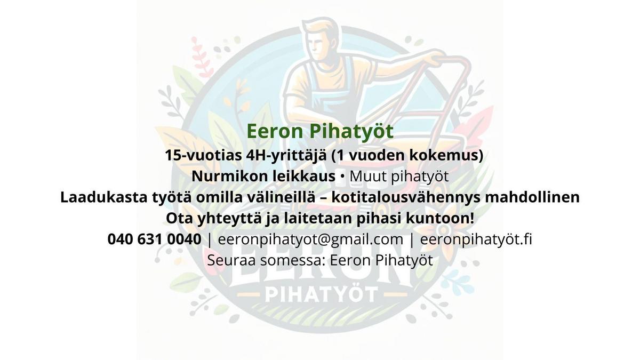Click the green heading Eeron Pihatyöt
320,132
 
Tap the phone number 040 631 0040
154,239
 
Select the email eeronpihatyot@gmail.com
310,239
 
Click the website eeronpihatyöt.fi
476,239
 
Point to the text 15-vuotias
203,156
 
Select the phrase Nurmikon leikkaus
263,177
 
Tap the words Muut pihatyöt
399,177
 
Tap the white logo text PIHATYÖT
322,294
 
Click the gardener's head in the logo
321,40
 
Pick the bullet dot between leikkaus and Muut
342,177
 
